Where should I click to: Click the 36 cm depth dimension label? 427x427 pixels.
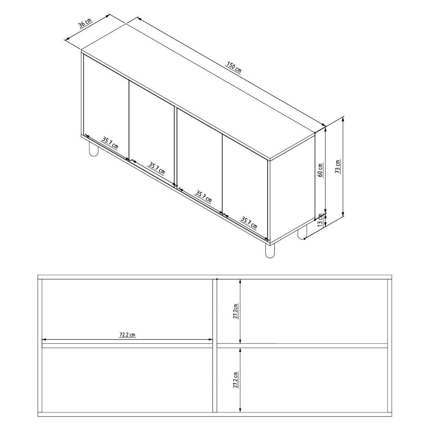[x=85, y=23]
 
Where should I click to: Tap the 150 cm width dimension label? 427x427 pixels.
[x=233, y=68]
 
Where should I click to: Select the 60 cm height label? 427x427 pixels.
[x=321, y=170]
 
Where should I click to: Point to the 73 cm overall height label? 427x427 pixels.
[x=338, y=166]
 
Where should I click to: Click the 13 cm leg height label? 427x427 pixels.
[x=320, y=220]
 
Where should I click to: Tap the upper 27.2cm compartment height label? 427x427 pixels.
[x=235, y=311]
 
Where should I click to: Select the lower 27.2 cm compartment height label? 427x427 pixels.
[x=235, y=380]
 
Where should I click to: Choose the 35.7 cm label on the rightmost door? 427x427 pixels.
[x=249, y=224]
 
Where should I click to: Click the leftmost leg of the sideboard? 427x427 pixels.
[x=94, y=148]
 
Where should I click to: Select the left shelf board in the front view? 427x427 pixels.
[x=127, y=345]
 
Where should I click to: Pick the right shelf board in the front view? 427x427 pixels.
[x=302, y=345]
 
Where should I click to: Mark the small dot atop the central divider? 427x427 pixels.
[x=217, y=279]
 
